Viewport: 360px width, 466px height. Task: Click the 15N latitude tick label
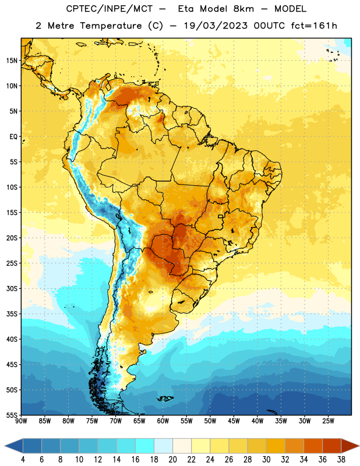12,61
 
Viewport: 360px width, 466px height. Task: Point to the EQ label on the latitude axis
13,137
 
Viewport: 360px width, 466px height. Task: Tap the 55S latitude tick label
12,415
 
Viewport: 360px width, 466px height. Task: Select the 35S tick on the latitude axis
12,314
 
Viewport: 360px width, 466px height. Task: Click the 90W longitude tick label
22,421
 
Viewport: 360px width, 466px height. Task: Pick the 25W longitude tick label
328,421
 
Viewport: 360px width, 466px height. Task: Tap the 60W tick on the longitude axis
163,421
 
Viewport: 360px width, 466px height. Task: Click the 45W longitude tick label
234,421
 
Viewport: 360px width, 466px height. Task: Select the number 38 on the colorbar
341,460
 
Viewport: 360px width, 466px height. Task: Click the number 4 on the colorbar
23,460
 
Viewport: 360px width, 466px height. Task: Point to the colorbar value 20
172,460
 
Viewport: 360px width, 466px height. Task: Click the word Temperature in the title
111,26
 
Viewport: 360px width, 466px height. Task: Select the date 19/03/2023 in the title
216,26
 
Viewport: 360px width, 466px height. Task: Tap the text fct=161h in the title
314,26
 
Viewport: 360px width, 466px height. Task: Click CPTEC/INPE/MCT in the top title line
109,9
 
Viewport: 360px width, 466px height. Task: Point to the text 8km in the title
243,9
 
